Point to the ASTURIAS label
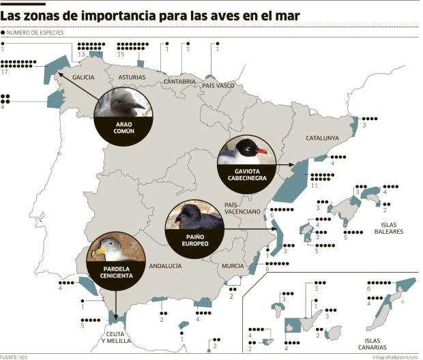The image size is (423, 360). [132, 77]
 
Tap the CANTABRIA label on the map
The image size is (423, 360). [180, 82]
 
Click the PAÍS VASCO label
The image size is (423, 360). [218, 86]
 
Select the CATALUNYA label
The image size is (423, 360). [322, 138]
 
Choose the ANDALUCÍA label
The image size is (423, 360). [166, 266]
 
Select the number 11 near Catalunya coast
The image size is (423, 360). [315, 185]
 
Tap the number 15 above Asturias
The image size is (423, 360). [121, 54]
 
